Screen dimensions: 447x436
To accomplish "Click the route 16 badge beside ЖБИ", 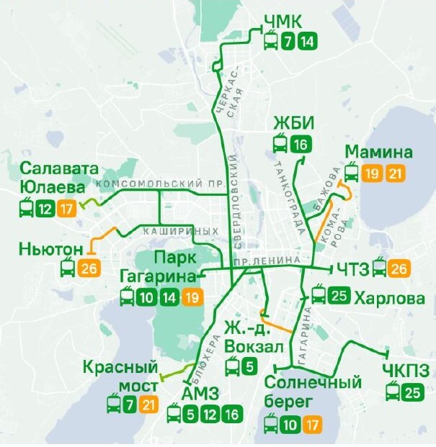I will (x=301, y=145).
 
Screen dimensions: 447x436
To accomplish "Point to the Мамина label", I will (x=379, y=152).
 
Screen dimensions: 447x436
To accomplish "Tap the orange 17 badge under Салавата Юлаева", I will (x=66, y=209).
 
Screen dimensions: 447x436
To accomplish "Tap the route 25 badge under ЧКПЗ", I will (x=413, y=392).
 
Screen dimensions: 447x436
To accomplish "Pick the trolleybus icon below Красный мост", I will (x=113, y=405).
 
